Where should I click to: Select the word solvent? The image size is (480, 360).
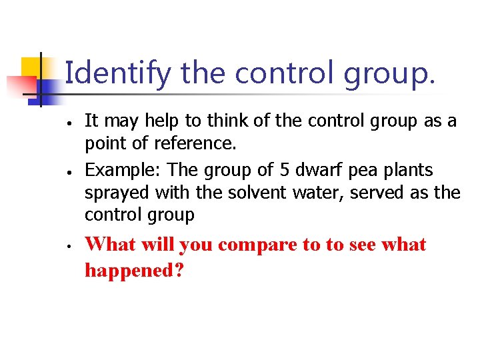click(251, 193)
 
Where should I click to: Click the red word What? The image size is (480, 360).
click(109, 245)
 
